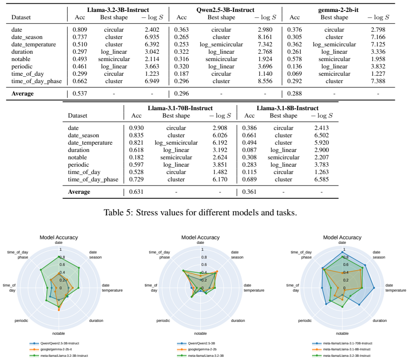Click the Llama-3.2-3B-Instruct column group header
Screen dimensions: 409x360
click(x=118, y=10)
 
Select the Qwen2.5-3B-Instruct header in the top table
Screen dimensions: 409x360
click(x=225, y=10)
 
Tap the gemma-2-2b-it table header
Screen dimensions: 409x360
click(x=338, y=10)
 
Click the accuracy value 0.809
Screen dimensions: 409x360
click(x=80, y=30)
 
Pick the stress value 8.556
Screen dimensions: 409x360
click(x=265, y=81)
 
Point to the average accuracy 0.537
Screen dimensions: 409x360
click(x=80, y=94)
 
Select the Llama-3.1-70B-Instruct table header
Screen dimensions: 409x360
click(x=180, y=108)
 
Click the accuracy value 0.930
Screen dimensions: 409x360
click(x=136, y=128)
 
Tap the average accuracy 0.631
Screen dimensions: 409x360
click(x=136, y=192)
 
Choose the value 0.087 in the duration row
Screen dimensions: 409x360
click(x=250, y=150)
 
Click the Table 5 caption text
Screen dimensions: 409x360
click(x=200, y=213)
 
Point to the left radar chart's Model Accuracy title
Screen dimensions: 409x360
click(x=59, y=237)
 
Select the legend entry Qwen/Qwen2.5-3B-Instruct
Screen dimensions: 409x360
click(x=60, y=343)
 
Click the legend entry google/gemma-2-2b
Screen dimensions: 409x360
click(x=202, y=349)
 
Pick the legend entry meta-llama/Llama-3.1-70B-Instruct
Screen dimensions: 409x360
click(x=348, y=343)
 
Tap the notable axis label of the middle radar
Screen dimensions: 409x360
click(x=200, y=333)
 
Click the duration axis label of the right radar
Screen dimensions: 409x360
click(x=380, y=321)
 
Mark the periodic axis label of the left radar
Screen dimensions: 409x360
click(x=22, y=321)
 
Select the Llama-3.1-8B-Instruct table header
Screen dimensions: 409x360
click(x=287, y=108)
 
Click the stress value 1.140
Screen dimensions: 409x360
click(x=265, y=74)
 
